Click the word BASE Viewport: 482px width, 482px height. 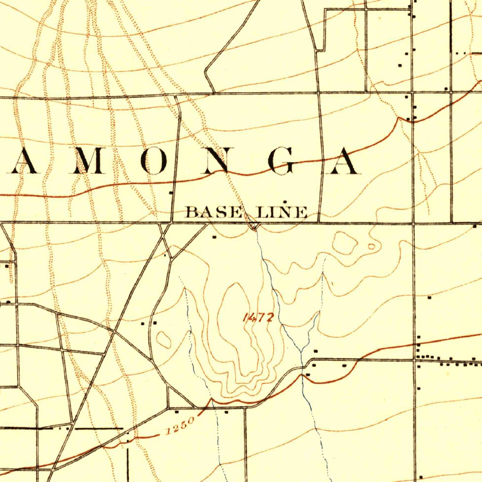click(214, 212)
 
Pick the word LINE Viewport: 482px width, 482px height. click(282, 212)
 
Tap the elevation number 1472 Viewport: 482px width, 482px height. click(257, 318)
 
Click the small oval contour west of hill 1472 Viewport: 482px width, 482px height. click(164, 339)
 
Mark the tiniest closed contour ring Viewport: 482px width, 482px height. click(371, 246)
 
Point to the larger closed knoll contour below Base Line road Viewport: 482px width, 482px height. click(345, 243)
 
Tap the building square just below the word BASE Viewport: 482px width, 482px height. click(215, 237)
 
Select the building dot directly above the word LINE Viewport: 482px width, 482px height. click(284, 201)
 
